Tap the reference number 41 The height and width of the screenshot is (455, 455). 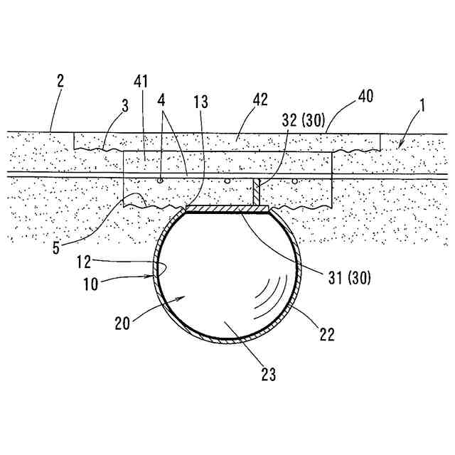click(x=141, y=82)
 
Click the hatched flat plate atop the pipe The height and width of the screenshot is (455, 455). click(x=227, y=209)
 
